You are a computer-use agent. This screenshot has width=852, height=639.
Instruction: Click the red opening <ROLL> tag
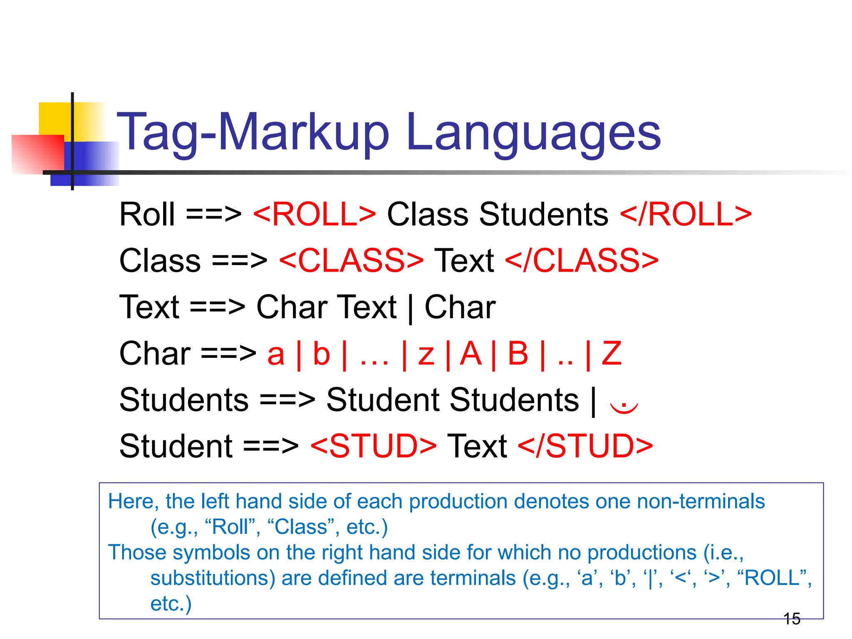click(315, 215)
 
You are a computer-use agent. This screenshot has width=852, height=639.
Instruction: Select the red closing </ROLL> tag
click(686, 215)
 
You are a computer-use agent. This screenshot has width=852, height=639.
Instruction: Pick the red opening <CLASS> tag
click(351, 261)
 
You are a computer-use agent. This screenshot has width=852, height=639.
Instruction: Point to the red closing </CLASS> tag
click(582, 261)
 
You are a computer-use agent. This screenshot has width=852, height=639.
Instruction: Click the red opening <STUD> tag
click(373, 446)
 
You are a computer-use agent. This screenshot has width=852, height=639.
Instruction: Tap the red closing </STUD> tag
click(585, 446)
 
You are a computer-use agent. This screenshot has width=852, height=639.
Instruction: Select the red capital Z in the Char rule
click(612, 354)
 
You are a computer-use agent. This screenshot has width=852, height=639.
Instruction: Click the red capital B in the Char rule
click(518, 354)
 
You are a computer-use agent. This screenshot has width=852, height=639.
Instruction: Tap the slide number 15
click(792, 619)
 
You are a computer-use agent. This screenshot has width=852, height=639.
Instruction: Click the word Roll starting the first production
click(147, 215)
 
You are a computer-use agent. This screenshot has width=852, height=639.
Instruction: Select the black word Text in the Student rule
click(477, 446)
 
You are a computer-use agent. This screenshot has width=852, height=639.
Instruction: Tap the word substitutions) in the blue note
click(213, 578)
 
